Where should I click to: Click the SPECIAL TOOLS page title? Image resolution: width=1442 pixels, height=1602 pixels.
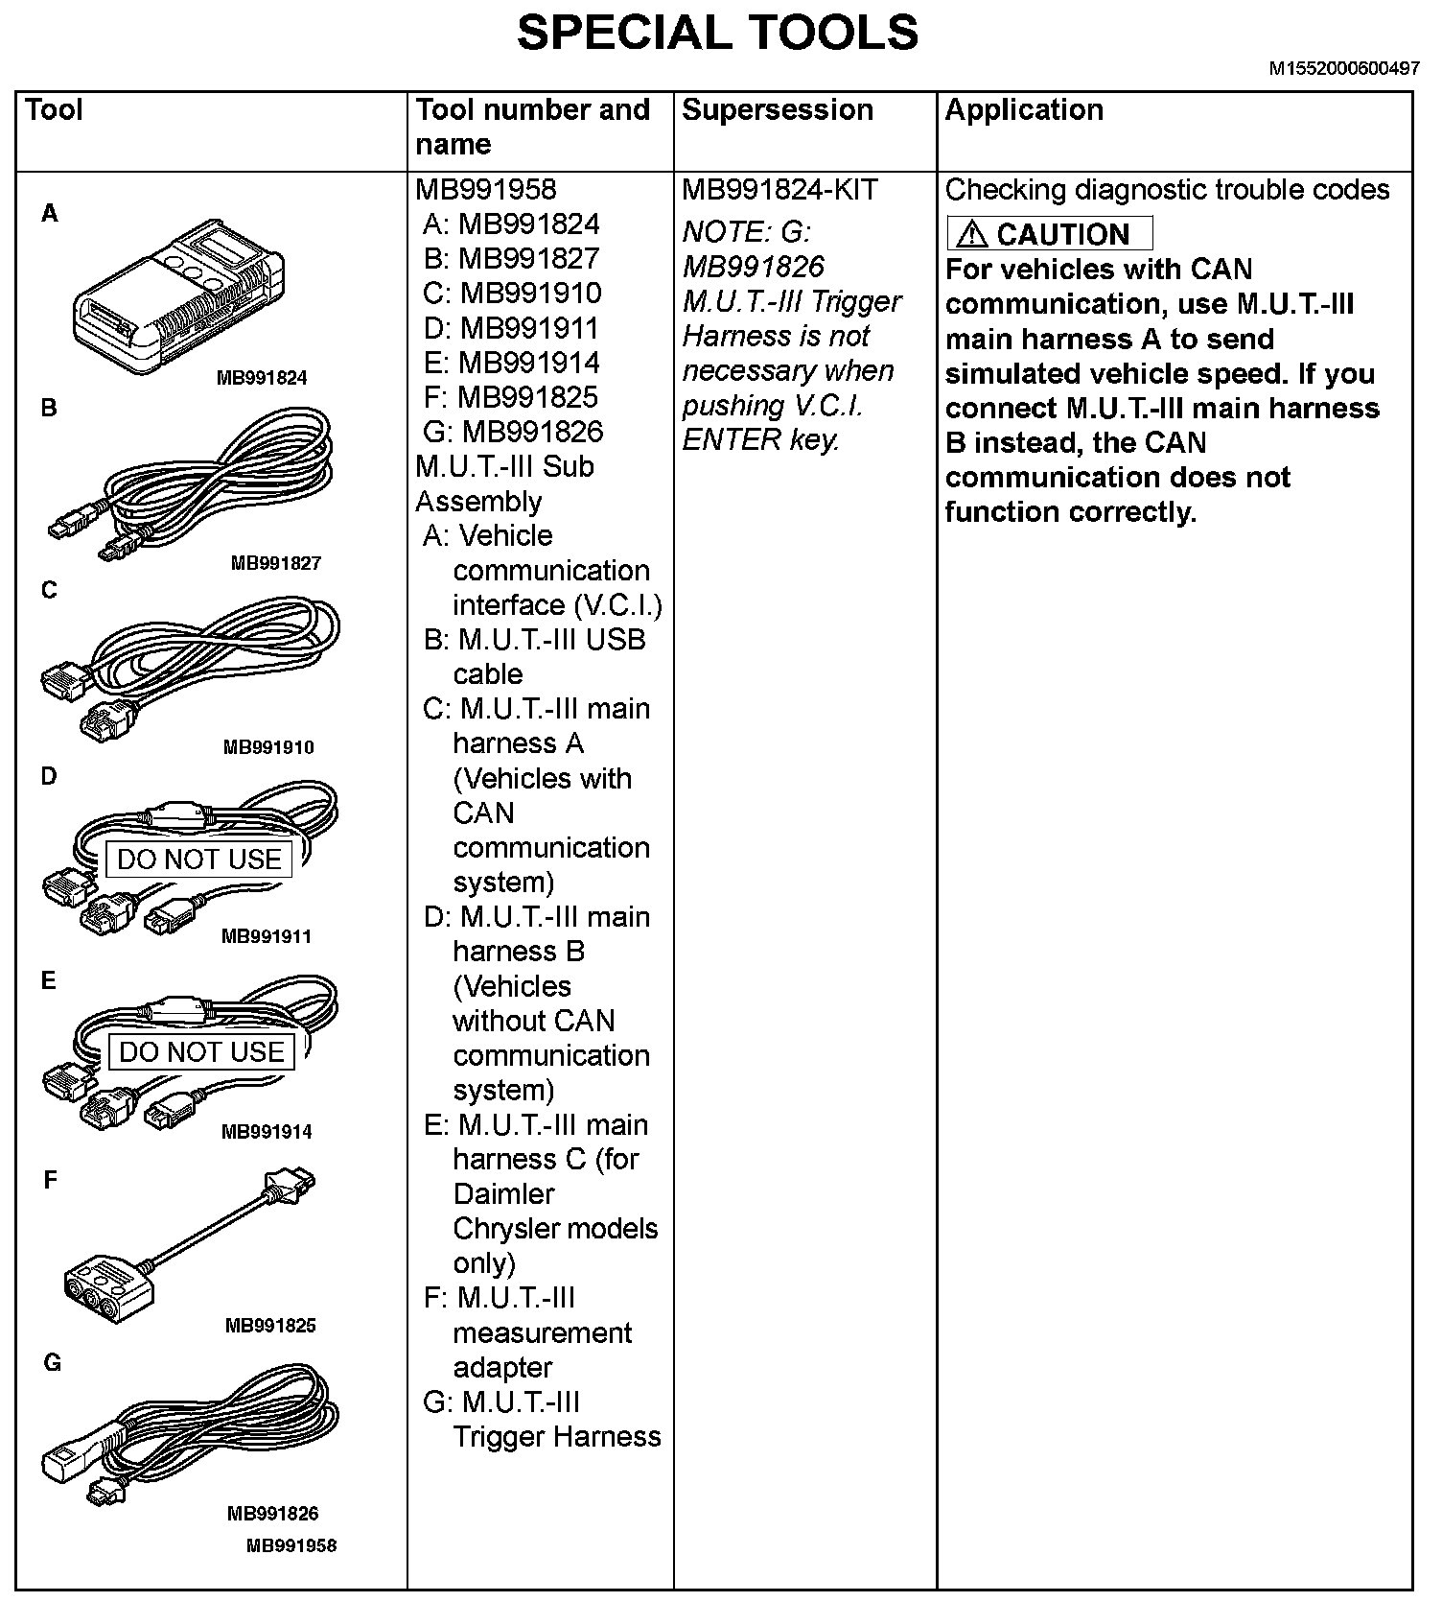(x=717, y=33)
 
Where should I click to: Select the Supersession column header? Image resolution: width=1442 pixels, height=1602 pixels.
(x=777, y=110)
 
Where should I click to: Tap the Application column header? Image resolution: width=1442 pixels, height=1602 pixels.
(x=1023, y=110)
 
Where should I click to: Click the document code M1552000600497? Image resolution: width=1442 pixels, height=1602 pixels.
(x=1344, y=69)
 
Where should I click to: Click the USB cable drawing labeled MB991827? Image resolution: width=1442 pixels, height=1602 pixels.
(x=192, y=484)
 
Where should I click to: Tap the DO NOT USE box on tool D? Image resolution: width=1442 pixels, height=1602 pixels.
(x=199, y=860)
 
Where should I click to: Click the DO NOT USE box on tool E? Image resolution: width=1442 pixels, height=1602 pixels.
(x=201, y=1052)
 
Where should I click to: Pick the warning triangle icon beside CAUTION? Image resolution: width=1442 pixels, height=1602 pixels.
(x=971, y=234)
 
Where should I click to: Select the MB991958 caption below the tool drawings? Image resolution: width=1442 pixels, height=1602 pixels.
(x=291, y=1545)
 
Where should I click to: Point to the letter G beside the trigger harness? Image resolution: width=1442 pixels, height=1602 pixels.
(x=53, y=1362)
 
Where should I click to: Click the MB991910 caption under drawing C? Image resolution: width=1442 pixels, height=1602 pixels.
(x=268, y=747)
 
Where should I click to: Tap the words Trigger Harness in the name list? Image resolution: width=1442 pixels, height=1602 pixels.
(x=556, y=1437)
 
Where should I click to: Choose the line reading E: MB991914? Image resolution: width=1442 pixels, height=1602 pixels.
(x=511, y=363)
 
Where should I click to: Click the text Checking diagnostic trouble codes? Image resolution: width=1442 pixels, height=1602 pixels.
(x=1166, y=190)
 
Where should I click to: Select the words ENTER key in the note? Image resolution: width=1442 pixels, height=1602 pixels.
(x=760, y=440)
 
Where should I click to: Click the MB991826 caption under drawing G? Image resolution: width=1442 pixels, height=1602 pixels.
(x=272, y=1514)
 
